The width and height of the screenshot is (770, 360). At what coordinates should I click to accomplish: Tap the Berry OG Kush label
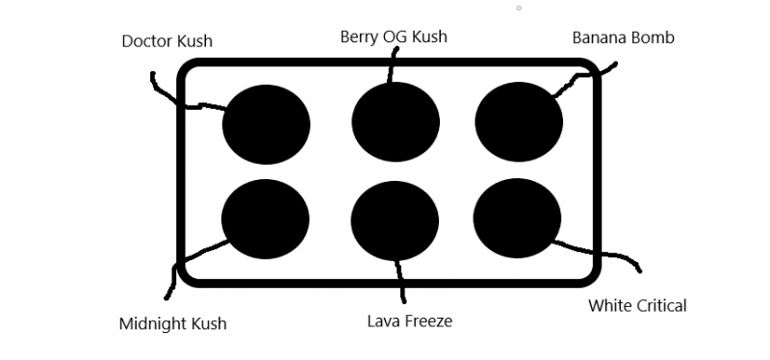[394, 38]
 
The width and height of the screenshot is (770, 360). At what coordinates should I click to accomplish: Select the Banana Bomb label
[623, 39]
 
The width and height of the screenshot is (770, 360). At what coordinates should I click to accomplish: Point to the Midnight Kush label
[172, 323]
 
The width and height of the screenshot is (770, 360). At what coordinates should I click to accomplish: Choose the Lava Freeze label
[410, 320]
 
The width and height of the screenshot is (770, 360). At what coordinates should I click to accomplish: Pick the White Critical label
[637, 306]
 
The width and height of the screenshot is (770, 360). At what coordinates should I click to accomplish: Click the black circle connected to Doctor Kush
[266, 124]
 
